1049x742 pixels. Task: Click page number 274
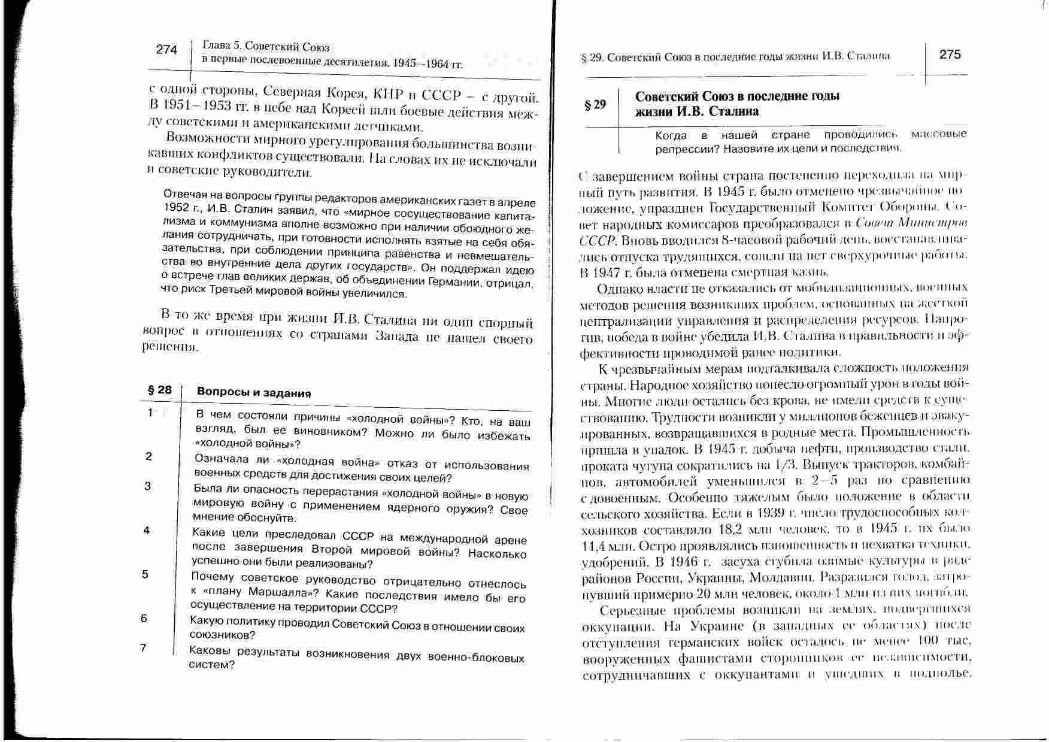pos(166,50)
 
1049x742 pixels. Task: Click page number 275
pos(950,54)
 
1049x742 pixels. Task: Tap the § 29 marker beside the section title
pos(595,105)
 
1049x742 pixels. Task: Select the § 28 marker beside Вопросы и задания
pos(159,390)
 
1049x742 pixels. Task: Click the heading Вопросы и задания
pos(254,393)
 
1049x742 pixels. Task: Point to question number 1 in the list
pos(150,412)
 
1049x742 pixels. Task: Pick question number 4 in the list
pos(146,530)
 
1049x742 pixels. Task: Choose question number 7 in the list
pos(143,647)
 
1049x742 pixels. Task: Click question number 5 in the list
pos(145,574)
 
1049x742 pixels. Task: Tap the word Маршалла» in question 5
pos(277,593)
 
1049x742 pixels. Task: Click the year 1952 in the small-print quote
pos(177,207)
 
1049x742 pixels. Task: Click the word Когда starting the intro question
pos(671,135)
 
